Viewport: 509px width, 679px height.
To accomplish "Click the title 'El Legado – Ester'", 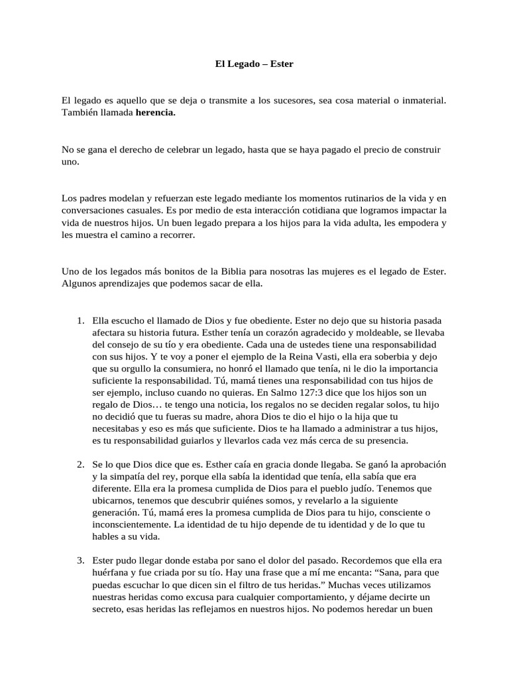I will pyautogui.click(x=254, y=64).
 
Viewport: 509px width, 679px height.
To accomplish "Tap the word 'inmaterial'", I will pyautogui.click(x=422, y=100).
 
